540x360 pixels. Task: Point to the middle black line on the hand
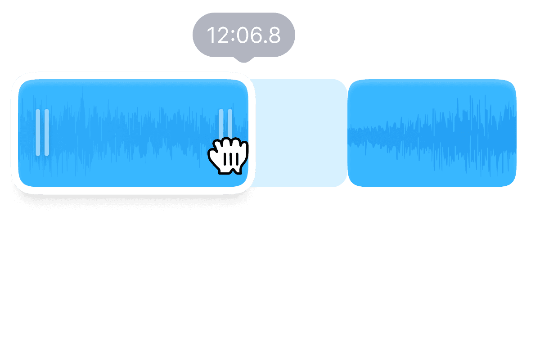click(231, 159)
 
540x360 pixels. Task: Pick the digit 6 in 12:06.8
click(254, 36)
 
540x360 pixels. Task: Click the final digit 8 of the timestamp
click(273, 36)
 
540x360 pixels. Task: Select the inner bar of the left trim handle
click(46, 132)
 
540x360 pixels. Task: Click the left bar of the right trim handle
click(221, 124)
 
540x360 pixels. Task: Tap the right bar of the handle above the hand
click(230, 124)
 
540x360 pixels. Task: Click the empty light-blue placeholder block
click(298, 133)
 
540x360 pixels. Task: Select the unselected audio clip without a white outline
click(432, 133)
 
